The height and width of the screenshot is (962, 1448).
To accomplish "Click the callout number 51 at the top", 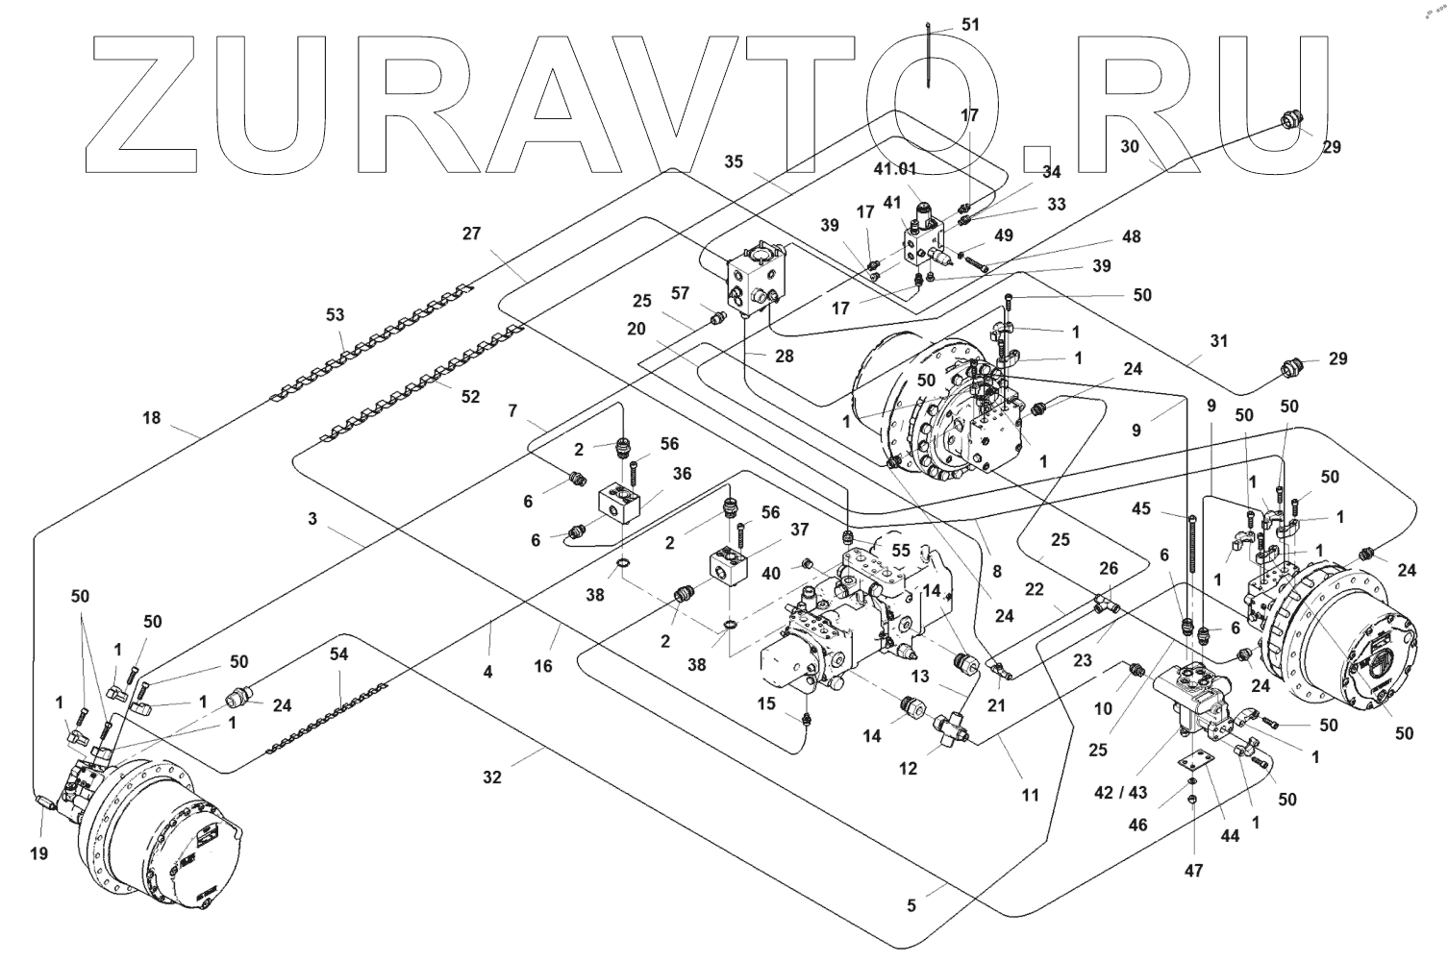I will [971, 25].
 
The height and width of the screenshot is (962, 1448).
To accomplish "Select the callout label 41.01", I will [895, 169].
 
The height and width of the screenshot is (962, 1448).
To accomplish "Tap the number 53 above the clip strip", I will [335, 315].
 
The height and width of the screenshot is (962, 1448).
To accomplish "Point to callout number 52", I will [469, 397].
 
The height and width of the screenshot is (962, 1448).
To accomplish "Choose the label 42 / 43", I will [1120, 794].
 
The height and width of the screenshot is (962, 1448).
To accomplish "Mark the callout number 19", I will [37, 852].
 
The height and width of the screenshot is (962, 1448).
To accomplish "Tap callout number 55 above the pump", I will [900, 551].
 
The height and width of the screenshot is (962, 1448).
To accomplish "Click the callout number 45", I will [1141, 509].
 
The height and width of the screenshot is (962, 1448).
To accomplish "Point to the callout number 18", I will [152, 418].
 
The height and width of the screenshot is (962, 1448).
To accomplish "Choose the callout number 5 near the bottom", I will [911, 905].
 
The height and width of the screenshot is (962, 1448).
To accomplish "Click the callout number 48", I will [1132, 236].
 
